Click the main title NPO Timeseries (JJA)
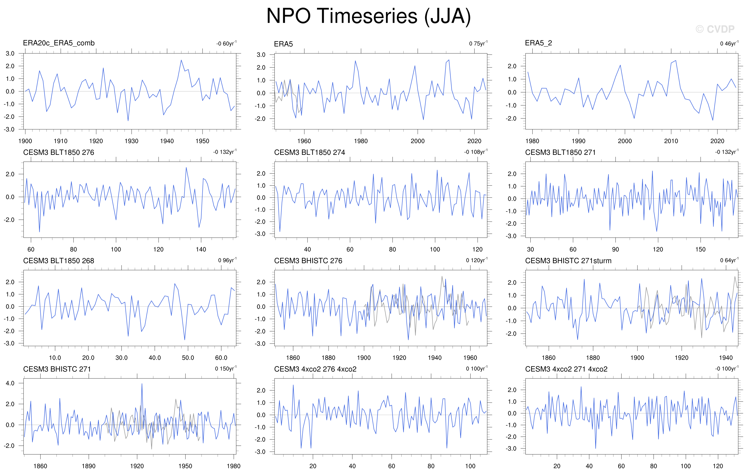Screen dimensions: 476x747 368,16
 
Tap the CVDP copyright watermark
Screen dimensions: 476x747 715,29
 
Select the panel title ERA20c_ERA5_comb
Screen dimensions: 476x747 59,43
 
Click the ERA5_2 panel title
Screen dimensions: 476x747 538,43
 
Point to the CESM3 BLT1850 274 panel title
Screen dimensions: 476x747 309,152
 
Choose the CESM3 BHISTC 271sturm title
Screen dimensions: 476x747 568,261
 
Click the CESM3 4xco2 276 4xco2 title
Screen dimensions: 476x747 315,369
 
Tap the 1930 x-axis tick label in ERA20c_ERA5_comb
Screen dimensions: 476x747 132,141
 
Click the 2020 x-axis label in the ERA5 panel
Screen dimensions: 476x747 474,141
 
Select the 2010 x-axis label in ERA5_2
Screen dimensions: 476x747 671,141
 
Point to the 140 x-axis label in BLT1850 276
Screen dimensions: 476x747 201,249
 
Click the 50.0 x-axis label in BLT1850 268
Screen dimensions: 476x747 188,358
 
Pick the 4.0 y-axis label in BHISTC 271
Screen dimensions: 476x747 10,383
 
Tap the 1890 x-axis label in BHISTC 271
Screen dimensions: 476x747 88,466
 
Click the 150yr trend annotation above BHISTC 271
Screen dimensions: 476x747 225,368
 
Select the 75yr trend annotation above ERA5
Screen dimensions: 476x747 478,43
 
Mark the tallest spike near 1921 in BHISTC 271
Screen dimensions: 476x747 142,384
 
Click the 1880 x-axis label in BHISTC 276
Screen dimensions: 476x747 328,358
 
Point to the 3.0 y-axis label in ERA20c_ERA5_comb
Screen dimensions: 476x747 10,53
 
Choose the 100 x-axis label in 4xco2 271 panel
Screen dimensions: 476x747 686,466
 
